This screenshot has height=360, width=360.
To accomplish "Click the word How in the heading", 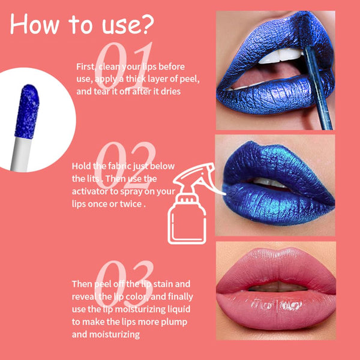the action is (35, 24).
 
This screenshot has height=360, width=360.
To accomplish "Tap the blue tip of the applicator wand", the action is (27, 112).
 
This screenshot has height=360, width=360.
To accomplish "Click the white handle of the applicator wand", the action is (20, 154).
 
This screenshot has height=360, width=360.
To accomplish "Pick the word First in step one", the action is (85, 67).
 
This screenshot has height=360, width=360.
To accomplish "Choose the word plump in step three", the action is (174, 322).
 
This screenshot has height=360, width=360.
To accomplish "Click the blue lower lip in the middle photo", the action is (278, 204).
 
